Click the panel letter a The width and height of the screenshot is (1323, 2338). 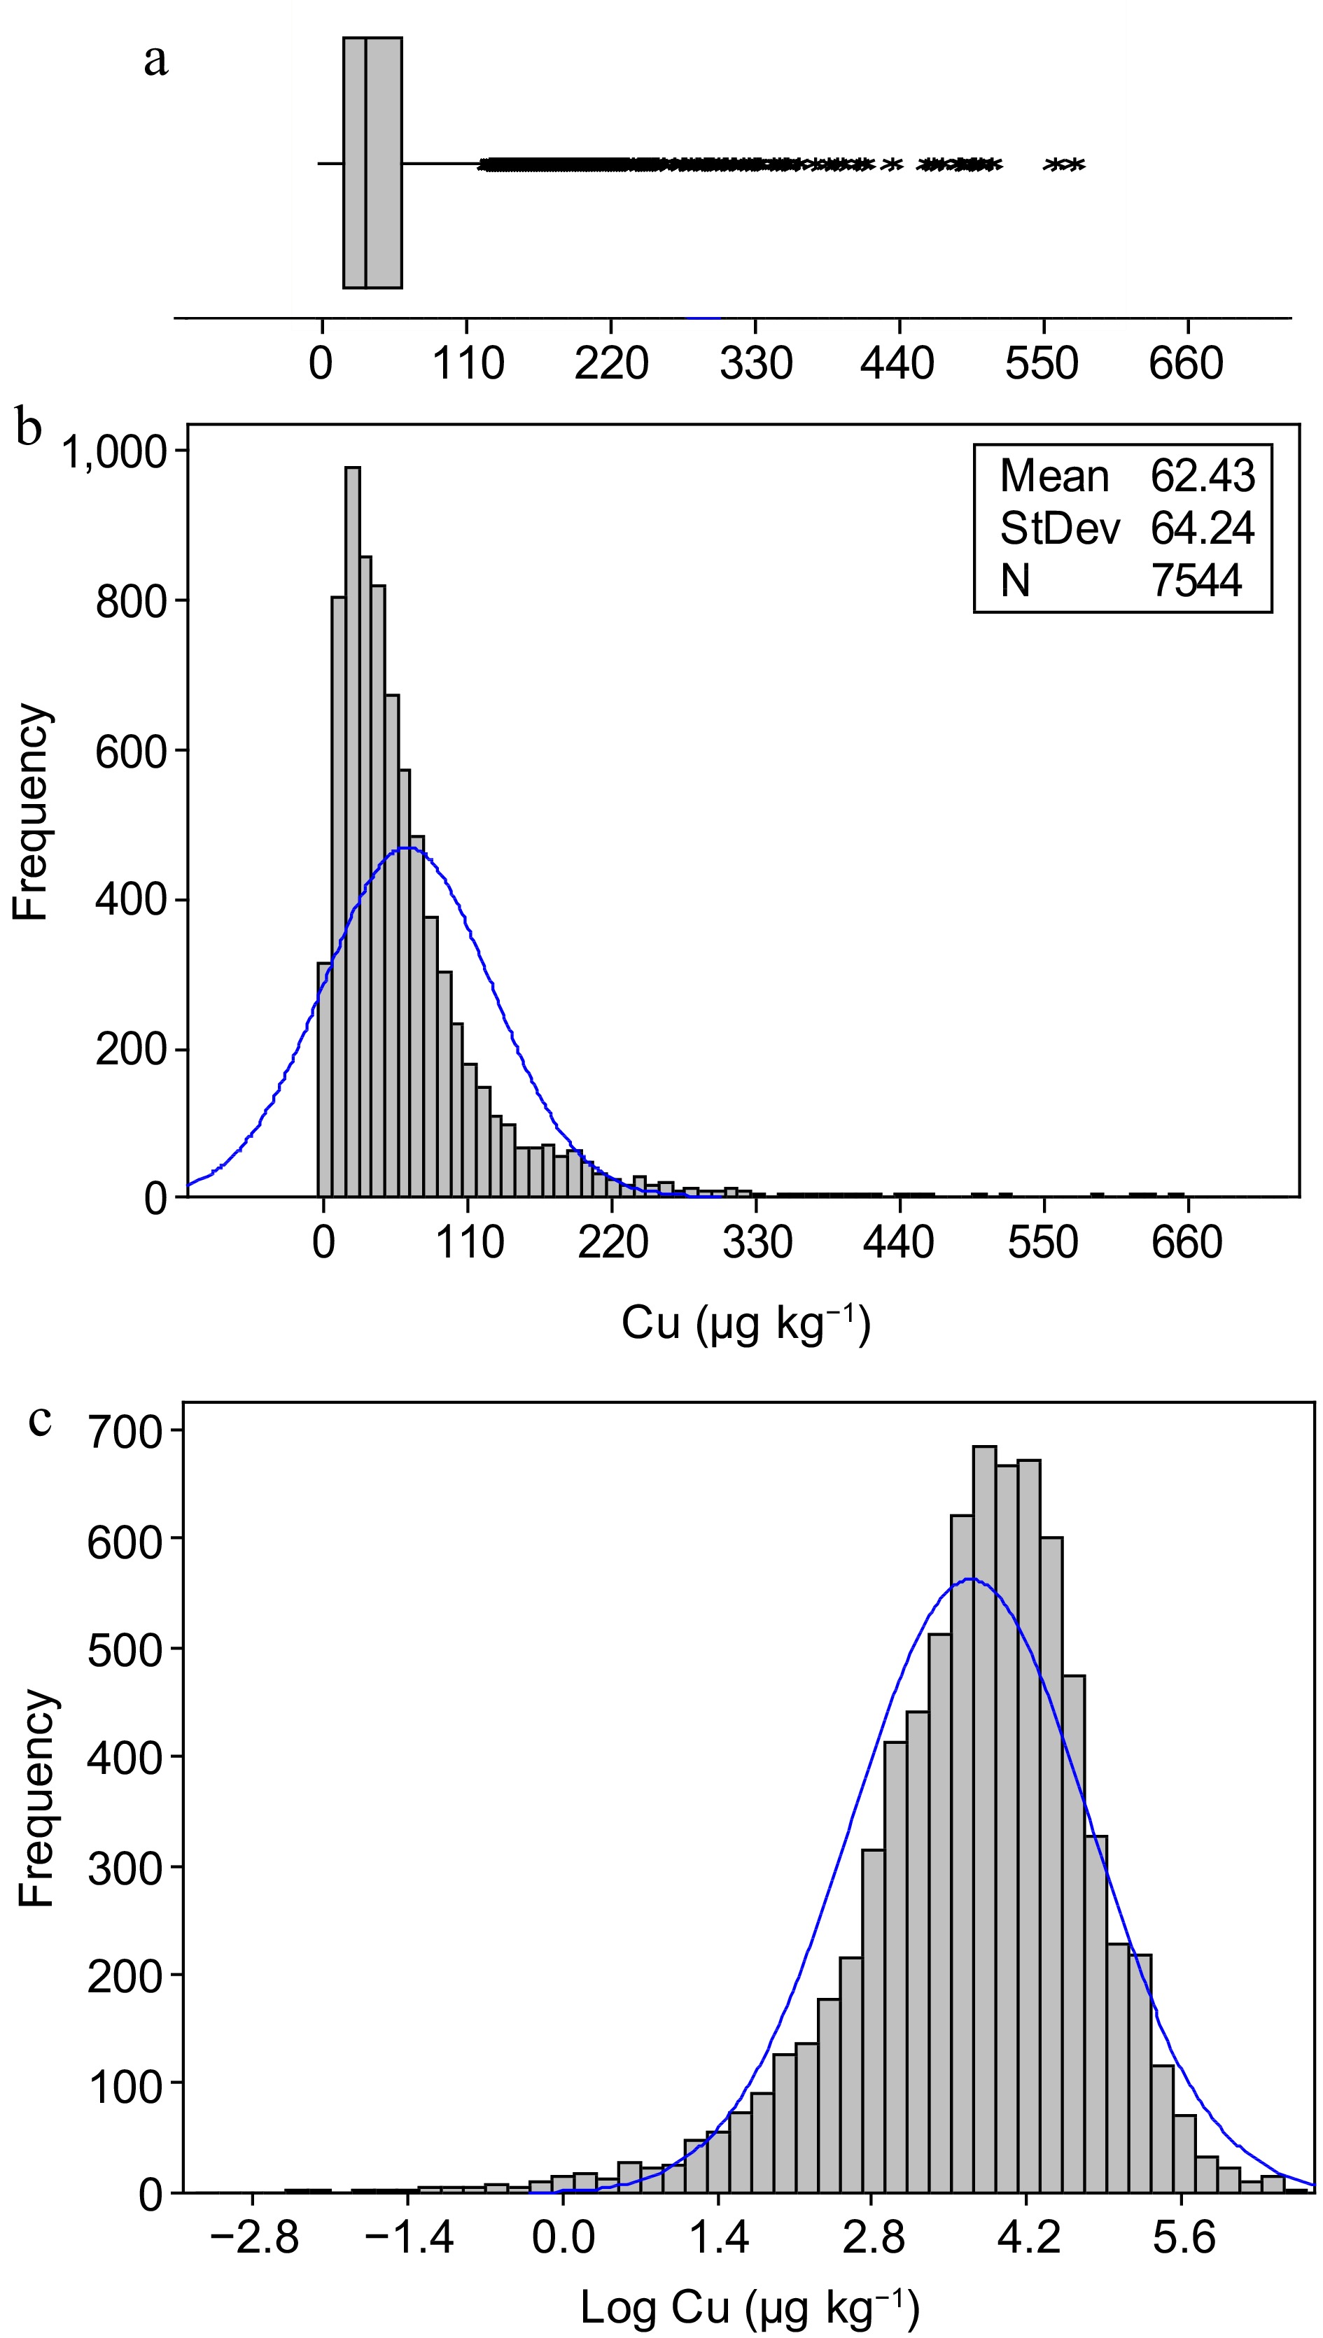pyautogui.click(x=156, y=62)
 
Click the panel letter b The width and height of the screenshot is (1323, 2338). pyautogui.click(x=29, y=427)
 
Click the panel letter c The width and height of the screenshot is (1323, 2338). pyautogui.click(x=40, y=1420)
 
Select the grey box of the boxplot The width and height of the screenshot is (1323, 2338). pyautogui.click(x=372, y=164)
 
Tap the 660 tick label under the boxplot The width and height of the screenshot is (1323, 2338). pyautogui.click(x=1186, y=363)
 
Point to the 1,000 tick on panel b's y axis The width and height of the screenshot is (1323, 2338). pyautogui.click(x=115, y=451)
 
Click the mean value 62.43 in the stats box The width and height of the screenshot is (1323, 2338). pyautogui.click(x=1202, y=476)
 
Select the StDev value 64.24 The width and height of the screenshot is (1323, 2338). pyautogui.click(x=1202, y=528)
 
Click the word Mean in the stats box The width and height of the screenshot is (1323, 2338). pyautogui.click(x=1054, y=476)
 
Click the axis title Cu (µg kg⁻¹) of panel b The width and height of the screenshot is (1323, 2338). pyautogui.click(x=745, y=1324)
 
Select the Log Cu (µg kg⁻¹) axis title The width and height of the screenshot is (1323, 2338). pyautogui.click(x=750, y=2309)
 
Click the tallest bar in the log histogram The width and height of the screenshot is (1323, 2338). pyautogui.click(x=984, y=1817)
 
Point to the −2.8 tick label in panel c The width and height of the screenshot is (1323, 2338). pyautogui.click(x=253, y=2238)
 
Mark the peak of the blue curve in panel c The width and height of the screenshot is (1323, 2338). pyautogui.click(x=970, y=1579)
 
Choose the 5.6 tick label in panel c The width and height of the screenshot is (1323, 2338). pyautogui.click(x=1182, y=2238)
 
